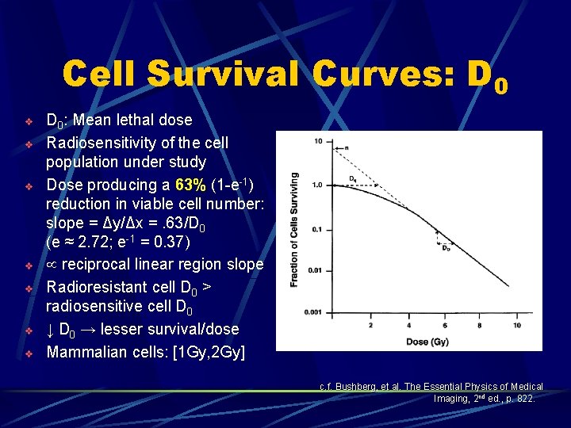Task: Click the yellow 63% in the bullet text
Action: pos(191,185)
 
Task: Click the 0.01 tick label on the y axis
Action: pos(315,271)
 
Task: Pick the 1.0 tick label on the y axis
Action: pos(316,185)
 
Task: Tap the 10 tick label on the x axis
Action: pos(516,325)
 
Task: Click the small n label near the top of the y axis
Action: pos(346,148)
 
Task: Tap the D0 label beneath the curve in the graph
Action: pos(446,248)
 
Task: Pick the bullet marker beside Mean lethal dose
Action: pos(28,121)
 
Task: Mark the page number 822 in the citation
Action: pos(524,399)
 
